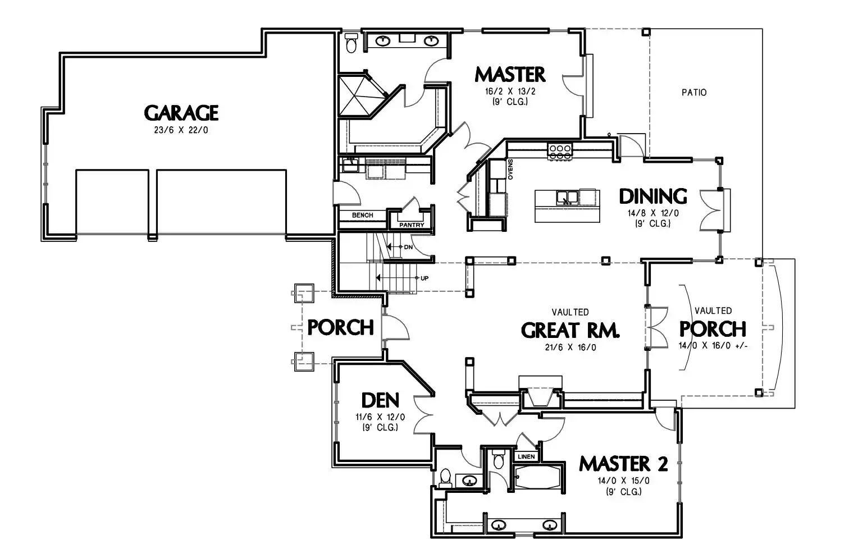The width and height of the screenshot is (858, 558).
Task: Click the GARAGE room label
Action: pos(181,113)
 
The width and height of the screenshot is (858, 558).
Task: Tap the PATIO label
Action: pos(694,92)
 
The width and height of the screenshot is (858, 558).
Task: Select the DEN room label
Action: pos(380,400)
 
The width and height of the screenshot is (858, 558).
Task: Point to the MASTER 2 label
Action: pos(624,464)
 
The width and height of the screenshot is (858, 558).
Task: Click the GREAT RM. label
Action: pos(571,330)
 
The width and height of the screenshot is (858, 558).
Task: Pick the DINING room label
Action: pos(652,196)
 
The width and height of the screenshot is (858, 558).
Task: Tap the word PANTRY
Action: pos(412,225)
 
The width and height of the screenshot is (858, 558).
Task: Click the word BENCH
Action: pos(362,215)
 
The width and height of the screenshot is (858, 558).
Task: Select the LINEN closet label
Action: pos(526,456)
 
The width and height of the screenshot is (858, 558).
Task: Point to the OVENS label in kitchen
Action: pos(510,170)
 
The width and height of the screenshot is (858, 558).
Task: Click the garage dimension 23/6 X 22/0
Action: pos(181,130)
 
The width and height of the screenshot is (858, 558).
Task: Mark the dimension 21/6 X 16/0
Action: pos(571,347)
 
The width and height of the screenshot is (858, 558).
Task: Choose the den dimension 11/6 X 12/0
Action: pos(380,417)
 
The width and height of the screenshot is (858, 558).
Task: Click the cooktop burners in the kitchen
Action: pos(560,152)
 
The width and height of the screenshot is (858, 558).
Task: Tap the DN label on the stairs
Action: pos(408,247)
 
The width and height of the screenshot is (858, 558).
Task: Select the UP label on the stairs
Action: pos(425,278)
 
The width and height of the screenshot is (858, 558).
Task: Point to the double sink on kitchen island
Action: pos(567,198)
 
